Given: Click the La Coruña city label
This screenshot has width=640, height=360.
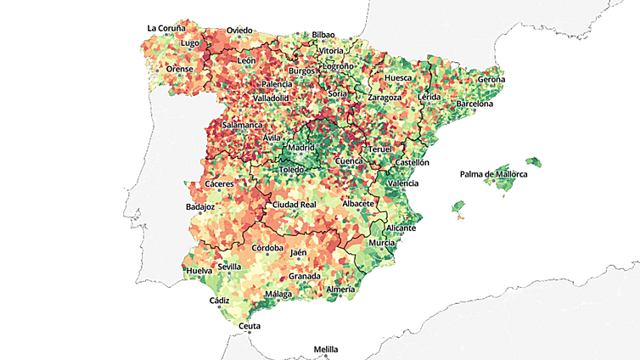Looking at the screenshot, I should click(x=166, y=28).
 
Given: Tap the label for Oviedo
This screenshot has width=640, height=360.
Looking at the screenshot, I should click(x=239, y=31).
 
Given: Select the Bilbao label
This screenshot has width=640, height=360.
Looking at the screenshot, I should click(x=323, y=35).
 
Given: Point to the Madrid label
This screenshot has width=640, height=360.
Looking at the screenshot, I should click(x=301, y=148).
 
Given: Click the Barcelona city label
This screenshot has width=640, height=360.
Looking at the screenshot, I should click(x=474, y=104).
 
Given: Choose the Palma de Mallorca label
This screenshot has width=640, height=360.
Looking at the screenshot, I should click(x=493, y=175).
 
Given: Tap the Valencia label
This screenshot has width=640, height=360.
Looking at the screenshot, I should click(x=402, y=183).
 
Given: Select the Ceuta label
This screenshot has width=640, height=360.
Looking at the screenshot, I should click(x=250, y=326).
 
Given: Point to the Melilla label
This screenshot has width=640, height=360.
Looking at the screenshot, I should click(x=325, y=349).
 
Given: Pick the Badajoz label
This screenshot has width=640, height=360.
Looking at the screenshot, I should click(x=199, y=207).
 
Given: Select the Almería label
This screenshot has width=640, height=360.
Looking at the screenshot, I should click(x=340, y=290).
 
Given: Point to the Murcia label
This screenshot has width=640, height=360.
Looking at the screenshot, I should click(x=382, y=243).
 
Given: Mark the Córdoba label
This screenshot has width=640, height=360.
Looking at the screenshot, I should click(x=267, y=249).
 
